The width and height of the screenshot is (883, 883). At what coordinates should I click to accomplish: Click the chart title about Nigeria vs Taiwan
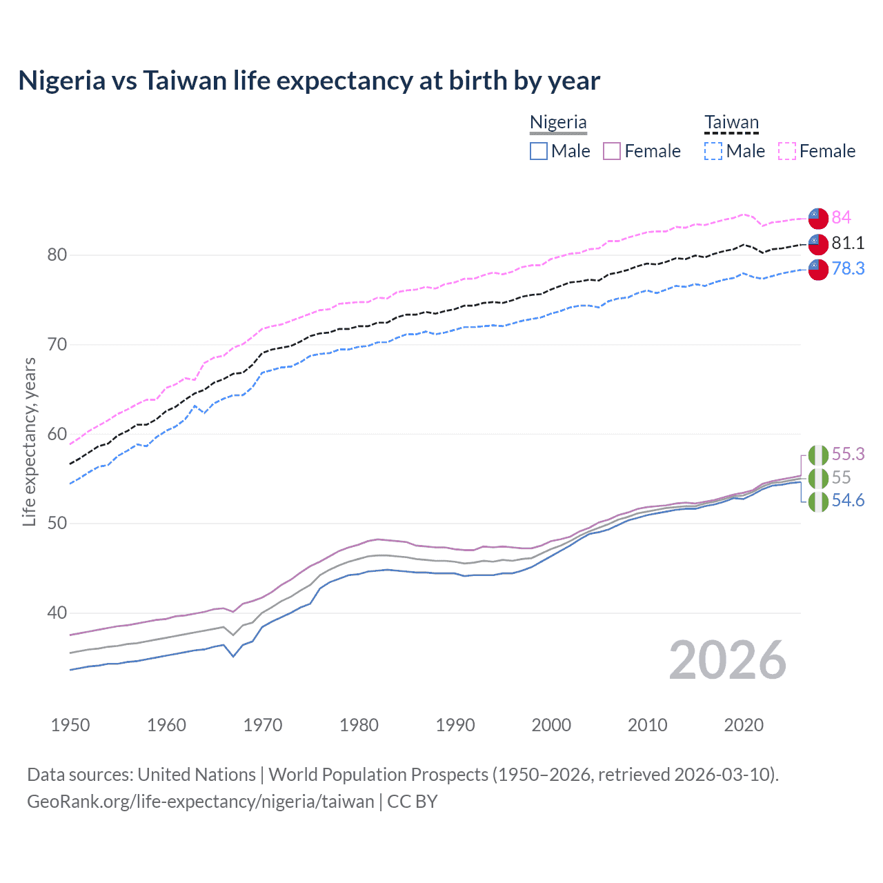(309, 81)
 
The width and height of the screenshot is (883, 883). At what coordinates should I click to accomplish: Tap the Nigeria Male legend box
(539, 151)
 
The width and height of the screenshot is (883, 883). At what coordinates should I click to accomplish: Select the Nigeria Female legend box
(612, 151)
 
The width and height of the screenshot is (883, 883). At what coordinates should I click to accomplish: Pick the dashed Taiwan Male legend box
(713, 151)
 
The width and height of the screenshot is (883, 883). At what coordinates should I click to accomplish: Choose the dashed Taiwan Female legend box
(787, 151)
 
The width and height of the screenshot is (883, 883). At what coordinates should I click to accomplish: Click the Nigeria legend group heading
(558, 123)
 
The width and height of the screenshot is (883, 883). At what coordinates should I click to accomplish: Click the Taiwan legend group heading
(731, 123)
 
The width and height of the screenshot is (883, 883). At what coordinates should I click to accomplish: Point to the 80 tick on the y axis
(57, 255)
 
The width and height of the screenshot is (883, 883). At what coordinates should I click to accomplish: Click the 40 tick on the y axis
(57, 613)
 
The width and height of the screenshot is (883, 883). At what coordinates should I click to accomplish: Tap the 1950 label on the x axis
(70, 725)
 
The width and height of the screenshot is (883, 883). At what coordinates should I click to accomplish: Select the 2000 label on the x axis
(551, 725)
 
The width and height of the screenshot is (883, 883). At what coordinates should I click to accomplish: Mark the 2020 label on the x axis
(744, 725)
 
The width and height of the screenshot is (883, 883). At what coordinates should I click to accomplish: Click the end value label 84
(841, 217)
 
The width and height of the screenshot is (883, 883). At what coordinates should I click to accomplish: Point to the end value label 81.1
(848, 243)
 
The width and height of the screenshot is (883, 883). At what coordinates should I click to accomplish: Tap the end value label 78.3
(848, 268)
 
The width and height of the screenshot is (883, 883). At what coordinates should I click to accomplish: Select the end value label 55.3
(848, 454)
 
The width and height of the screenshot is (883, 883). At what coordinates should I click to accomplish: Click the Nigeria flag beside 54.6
(818, 502)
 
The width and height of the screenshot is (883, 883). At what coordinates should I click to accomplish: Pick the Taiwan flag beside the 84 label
(818, 218)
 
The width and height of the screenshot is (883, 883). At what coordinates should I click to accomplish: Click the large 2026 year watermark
(727, 661)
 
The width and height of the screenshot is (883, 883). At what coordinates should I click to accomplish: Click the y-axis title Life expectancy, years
(30, 441)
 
